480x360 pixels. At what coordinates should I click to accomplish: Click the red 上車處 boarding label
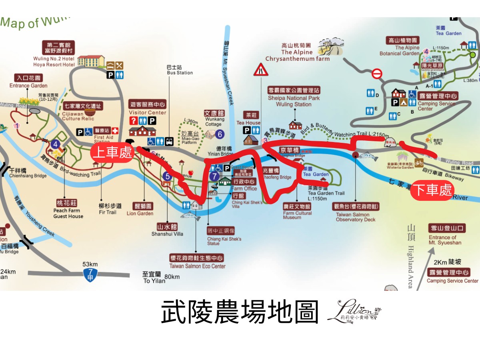pos(112,153)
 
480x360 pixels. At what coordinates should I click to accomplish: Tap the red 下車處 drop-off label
pos(432,190)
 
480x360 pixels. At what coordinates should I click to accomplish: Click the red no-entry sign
pos(377,74)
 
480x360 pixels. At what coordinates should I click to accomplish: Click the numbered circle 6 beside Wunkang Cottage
pos(220,134)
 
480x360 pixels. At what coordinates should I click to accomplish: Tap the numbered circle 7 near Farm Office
pos(215,176)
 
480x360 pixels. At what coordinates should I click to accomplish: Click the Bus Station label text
pos(180,70)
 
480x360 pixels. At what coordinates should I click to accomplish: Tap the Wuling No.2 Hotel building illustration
pos(91,61)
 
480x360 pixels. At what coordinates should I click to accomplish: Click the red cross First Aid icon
pos(115,131)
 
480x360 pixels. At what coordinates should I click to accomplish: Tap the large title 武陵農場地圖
pos(240,312)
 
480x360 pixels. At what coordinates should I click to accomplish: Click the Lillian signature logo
pos(354,311)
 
